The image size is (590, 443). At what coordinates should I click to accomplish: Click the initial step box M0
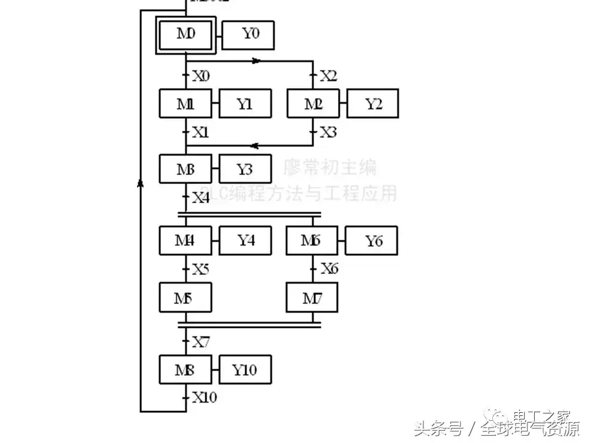click(186, 34)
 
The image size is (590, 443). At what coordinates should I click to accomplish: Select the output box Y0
click(248, 34)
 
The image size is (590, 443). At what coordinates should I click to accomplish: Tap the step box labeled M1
click(186, 103)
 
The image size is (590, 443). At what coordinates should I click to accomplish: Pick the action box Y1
click(245, 103)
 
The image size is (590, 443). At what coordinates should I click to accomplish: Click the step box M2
click(313, 103)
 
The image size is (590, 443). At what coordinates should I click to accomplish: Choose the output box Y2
click(372, 103)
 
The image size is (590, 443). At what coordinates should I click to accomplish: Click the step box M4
click(186, 241)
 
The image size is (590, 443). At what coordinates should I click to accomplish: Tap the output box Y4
click(246, 241)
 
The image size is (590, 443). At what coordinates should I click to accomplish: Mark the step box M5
click(186, 298)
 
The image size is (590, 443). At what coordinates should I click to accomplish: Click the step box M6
click(312, 241)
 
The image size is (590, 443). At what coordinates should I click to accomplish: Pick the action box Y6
click(371, 241)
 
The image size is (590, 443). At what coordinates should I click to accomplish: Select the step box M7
click(312, 298)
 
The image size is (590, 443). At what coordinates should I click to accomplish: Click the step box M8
click(186, 370)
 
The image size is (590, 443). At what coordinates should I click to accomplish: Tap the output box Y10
click(245, 370)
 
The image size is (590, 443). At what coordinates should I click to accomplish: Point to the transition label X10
click(204, 397)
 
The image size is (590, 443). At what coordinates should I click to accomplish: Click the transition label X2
click(328, 76)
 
